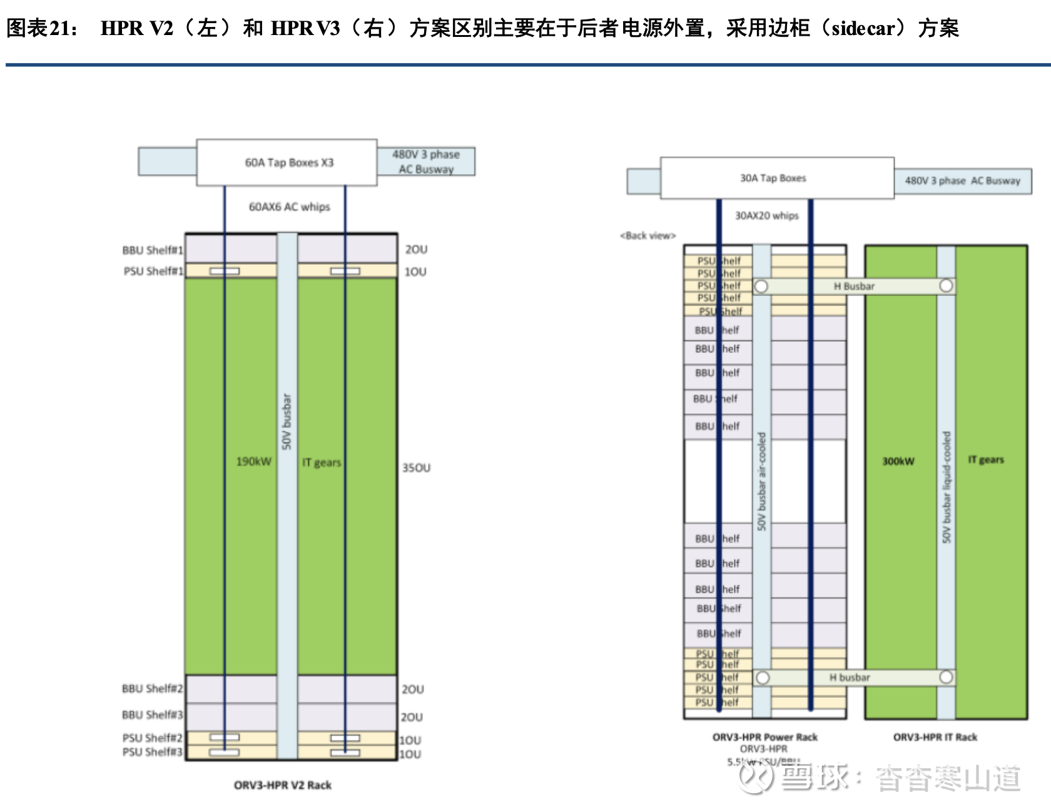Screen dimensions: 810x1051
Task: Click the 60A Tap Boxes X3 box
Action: click(288, 163)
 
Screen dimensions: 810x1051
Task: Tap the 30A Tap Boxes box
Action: click(773, 178)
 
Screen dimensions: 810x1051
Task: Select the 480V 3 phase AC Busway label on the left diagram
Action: click(425, 161)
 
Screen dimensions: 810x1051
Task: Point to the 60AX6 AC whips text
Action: click(289, 207)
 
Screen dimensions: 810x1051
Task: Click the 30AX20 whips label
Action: click(766, 216)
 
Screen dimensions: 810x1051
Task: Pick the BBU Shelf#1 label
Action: click(153, 250)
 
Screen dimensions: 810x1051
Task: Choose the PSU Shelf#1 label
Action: click(153, 271)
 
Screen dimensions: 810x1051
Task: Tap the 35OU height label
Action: click(416, 468)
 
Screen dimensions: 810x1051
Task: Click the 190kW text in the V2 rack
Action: click(253, 461)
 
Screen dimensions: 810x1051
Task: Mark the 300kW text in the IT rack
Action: click(898, 461)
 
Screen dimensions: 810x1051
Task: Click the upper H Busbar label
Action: click(854, 286)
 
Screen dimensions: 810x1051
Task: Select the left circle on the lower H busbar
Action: click(762, 677)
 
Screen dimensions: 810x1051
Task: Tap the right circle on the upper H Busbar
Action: click(946, 286)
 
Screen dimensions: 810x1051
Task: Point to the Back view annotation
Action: click(647, 236)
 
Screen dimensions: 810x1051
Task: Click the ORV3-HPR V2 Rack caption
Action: click(283, 785)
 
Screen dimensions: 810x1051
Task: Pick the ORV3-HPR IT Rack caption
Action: click(935, 737)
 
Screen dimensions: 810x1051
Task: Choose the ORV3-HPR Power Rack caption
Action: click(764, 737)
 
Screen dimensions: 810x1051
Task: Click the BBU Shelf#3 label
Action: click(152, 715)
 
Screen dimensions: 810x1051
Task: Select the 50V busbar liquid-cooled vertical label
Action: click(946, 486)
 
